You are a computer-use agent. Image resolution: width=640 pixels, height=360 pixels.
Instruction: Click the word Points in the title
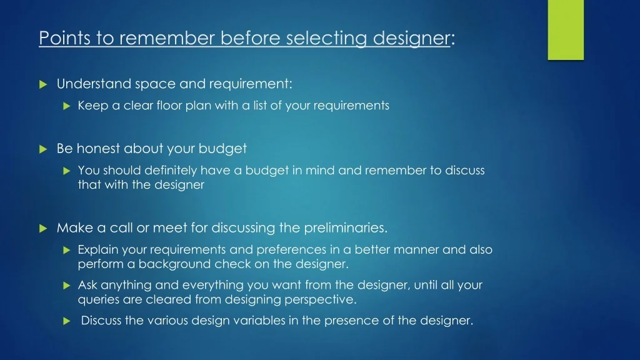pos(65,38)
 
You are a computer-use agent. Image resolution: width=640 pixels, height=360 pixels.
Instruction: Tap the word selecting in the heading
pos(326,39)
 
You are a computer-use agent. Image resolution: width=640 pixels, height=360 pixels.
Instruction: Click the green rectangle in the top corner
pos(566,30)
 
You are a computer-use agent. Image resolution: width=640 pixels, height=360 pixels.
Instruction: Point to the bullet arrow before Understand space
pos(43,84)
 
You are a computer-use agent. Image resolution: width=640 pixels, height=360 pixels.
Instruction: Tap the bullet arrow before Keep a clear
pos(67,106)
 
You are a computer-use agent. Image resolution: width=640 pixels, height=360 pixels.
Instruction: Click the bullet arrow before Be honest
pos(43,149)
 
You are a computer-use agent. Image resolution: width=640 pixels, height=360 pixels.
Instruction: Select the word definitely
pos(171,170)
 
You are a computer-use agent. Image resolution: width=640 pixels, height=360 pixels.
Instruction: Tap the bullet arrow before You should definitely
pos(67,171)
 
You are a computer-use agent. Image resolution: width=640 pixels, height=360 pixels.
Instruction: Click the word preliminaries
pos(346,227)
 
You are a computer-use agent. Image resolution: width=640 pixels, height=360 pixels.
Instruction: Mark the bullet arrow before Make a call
pos(43,229)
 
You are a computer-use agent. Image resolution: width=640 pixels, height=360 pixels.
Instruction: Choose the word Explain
pos(98,249)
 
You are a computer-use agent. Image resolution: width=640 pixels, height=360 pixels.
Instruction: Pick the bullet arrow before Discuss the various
pos(67,321)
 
